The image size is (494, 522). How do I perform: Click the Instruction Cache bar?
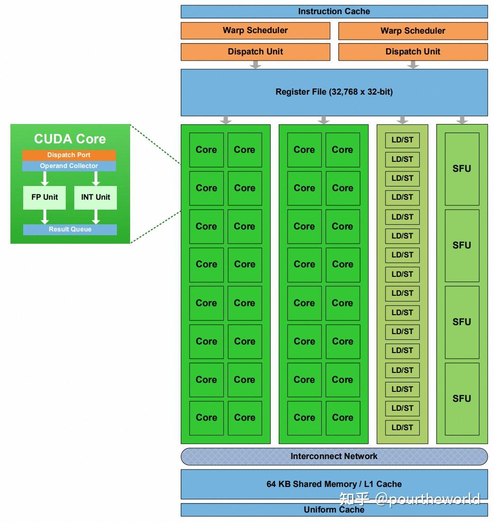tap(334, 11)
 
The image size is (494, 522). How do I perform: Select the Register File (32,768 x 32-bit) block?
tap(334, 92)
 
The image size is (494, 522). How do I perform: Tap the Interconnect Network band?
tap(334, 456)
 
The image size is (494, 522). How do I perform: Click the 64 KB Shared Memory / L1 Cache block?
tap(334, 484)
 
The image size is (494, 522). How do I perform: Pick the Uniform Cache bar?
tap(334, 510)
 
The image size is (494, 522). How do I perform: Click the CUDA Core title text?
tap(70, 139)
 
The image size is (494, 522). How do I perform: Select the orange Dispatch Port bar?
tap(69, 155)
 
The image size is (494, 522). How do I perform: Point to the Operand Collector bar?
tap(69, 166)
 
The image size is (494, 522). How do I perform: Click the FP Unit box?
tap(45, 197)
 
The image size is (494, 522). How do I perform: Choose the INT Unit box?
tap(96, 197)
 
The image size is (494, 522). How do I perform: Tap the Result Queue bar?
tap(70, 230)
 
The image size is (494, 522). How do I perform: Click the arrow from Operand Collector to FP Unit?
tap(45, 178)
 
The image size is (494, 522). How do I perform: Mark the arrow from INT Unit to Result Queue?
tap(96, 217)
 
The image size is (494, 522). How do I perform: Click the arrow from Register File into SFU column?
tap(462, 120)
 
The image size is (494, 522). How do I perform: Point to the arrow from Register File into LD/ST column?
tap(402, 120)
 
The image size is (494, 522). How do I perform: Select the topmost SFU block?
tap(462, 168)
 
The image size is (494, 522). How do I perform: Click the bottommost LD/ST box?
tap(402, 427)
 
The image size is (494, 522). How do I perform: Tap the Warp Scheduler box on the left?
tap(256, 31)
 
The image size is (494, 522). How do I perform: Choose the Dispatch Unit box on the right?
tap(413, 52)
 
